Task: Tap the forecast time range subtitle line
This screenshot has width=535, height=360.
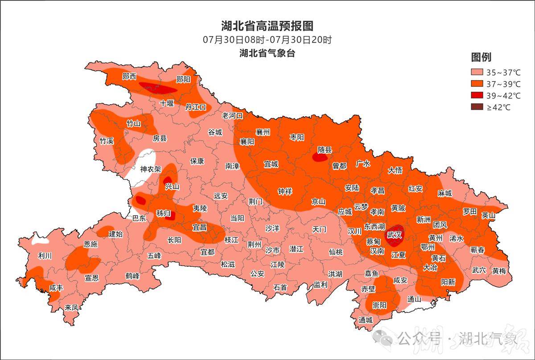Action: pos(267,40)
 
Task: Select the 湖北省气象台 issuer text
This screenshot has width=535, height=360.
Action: pos(267,53)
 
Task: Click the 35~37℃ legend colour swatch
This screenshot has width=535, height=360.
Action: pos(477,72)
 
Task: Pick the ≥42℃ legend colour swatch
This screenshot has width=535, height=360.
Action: pos(477,107)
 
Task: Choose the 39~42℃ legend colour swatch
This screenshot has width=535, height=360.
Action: pos(477,96)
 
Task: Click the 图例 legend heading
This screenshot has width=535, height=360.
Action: pos(481,57)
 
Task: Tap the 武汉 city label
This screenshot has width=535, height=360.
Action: pos(395,234)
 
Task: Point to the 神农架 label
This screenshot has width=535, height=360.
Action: pos(150,169)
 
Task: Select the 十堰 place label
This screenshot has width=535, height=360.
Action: pos(167,103)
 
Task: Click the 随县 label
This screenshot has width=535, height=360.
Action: pos(325,150)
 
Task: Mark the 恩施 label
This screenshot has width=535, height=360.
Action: pos(91,244)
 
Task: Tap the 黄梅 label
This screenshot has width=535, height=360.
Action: pos(499,270)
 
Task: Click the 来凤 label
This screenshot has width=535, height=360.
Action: pos(71,307)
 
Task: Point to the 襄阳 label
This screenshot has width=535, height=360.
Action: pos(247,142)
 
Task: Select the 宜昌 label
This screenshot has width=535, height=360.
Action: pos(199,227)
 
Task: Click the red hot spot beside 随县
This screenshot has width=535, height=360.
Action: pos(319,157)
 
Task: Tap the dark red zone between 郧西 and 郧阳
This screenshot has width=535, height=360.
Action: pos(156,87)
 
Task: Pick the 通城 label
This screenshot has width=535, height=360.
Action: pos(365,320)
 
